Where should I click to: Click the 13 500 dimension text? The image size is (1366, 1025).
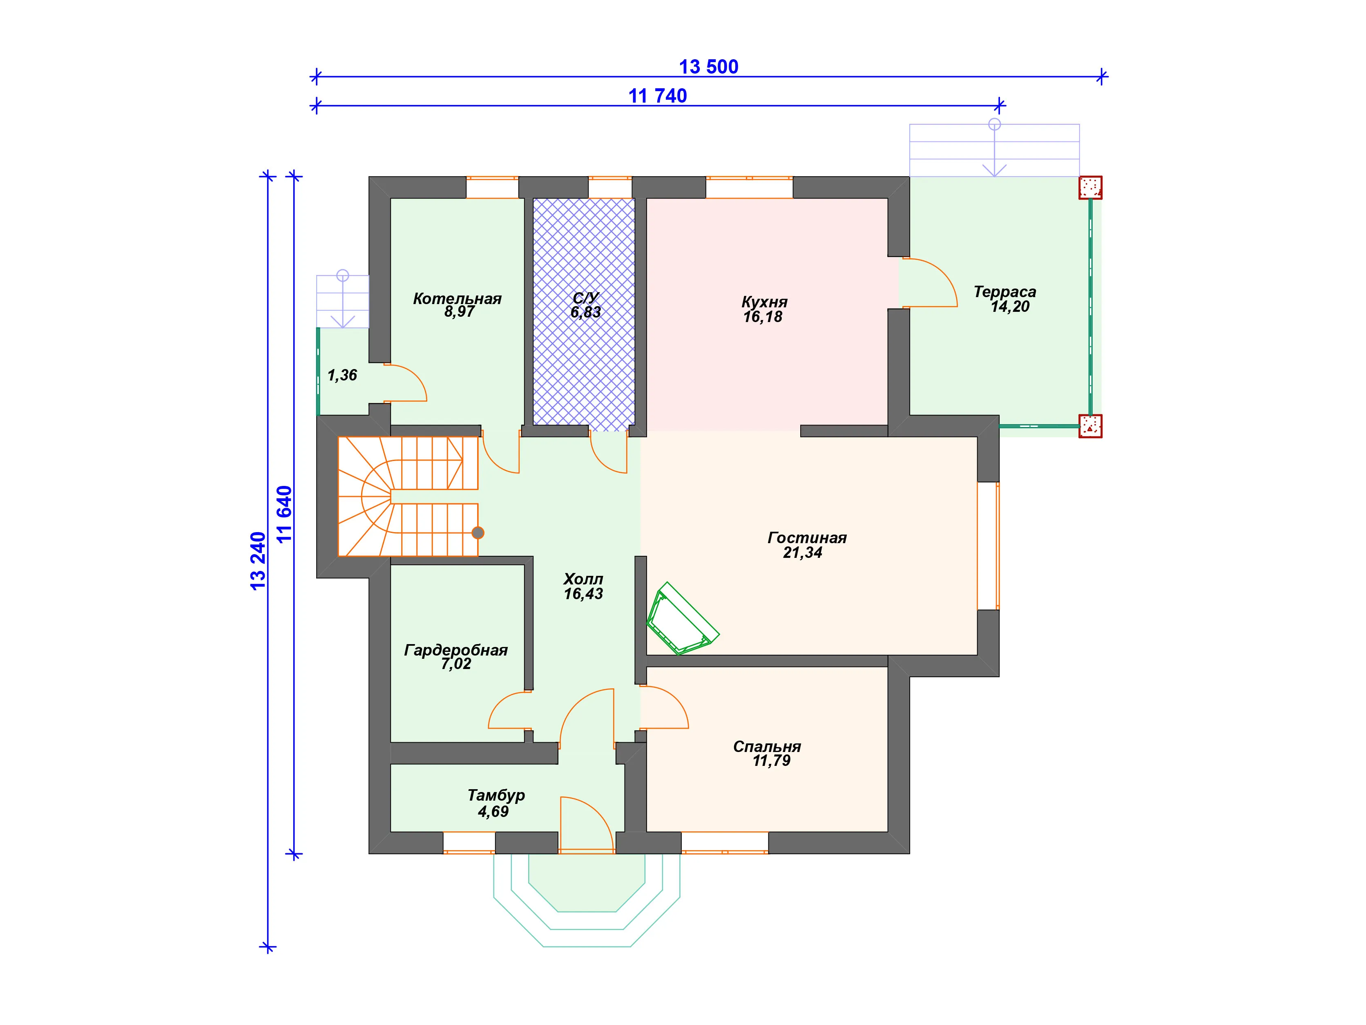pyautogui.click(x=708, y=67)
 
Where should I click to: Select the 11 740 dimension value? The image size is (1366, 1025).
pyautogui.click(x=658, y=96)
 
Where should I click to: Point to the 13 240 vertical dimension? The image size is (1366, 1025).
pyautogui.click(x=258, y=561)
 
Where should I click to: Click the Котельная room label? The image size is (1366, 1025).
pyautogui.click(x=457, y=299)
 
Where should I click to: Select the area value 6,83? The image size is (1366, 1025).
pyautogui.click(x=585, y=312)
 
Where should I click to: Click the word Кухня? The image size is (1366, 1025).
pyautogui.click(x=765, y=302)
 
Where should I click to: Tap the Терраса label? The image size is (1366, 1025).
pyautogui.click(x=1005, y=292)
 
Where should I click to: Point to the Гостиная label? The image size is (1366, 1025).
pyautogui.click(x=807, y=537)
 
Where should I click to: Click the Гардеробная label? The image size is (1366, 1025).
pyautogui.click(x=456, y=650)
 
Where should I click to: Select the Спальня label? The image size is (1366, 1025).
pyautogui.click(x=767, y=746)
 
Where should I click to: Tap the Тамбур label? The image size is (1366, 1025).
pyautogui.click(x=496, y=795)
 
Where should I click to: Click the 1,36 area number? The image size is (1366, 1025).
pyautogui.click(x=342, y=375)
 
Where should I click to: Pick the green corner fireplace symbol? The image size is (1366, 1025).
pyautogui.click(x=682, y=618)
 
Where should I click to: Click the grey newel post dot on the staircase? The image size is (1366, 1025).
pyautogui.click(x=478, y=533)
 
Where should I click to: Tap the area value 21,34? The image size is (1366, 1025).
pyautogui.click(x=802, y=553)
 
